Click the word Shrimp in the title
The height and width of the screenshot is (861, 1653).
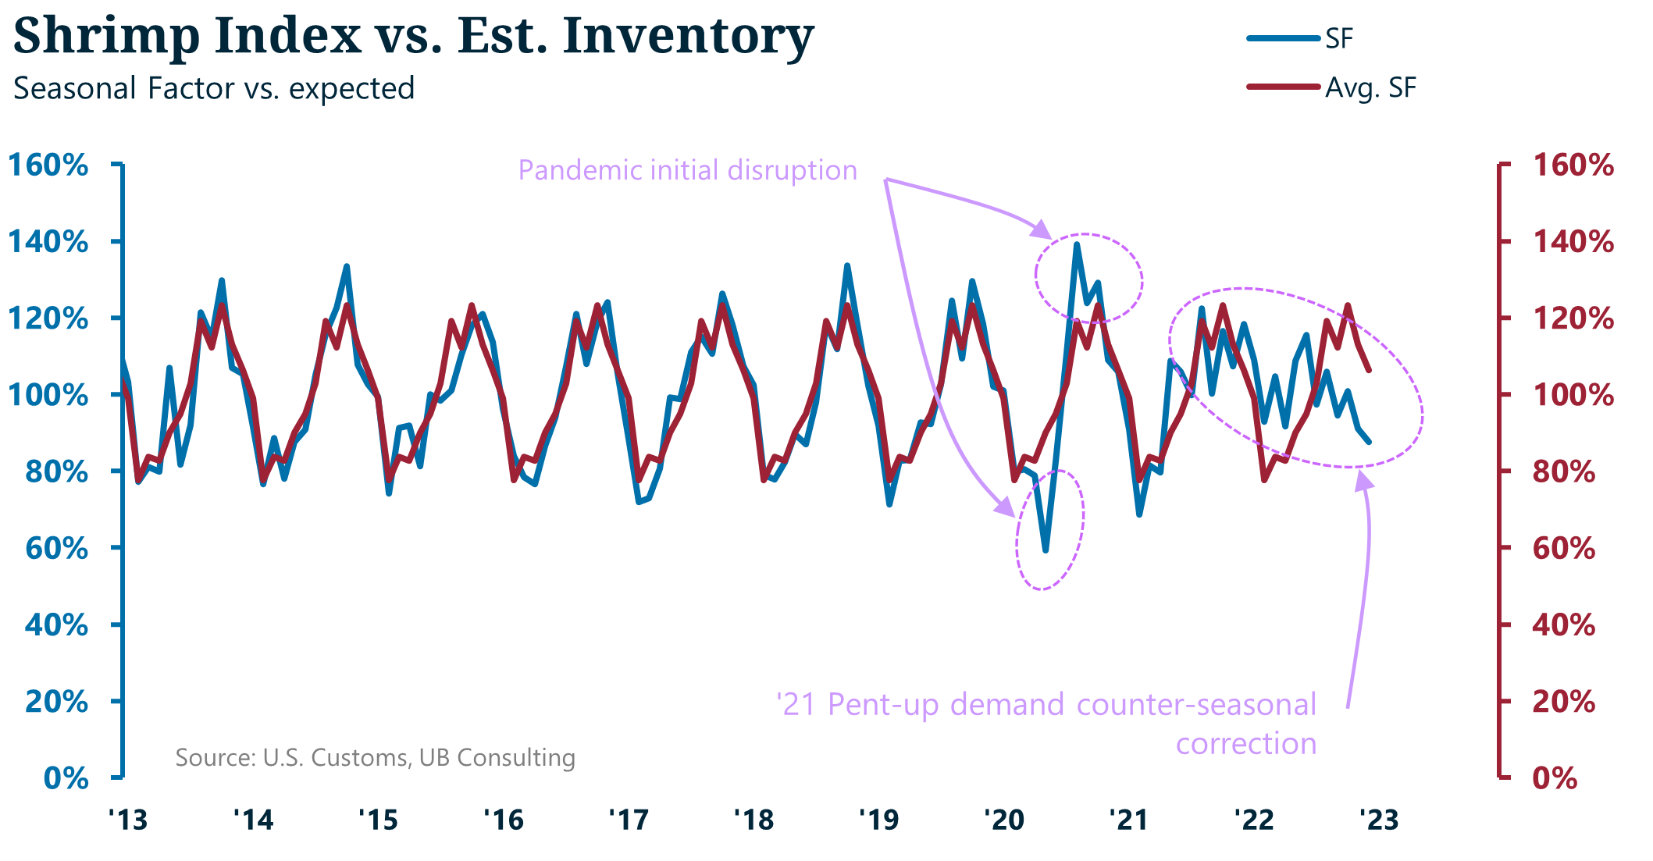click(106, 36)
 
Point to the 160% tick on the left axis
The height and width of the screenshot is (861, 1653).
click(48, 165)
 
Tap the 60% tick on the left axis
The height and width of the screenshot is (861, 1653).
click(56, 548)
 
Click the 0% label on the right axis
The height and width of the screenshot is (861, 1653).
click(1555, 778)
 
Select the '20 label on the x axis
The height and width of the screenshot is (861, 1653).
click(1003, 820)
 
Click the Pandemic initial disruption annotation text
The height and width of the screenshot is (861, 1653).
click(687, 170)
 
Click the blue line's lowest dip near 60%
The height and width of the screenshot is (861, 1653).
click(1046, 550)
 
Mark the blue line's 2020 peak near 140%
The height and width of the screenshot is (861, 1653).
click(1077, 244)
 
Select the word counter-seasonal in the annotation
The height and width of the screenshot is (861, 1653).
click(1196, 704)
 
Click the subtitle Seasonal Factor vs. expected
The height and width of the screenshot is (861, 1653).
click(214, 88)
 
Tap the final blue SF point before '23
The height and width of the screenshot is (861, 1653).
click(1369, 442)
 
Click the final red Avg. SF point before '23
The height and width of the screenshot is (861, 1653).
click(1369, 370)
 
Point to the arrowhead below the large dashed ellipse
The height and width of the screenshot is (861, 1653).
click(1364, 482)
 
